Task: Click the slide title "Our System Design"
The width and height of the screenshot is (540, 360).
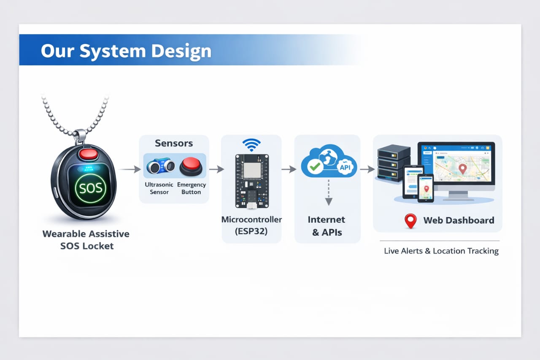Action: (x=126, y=51)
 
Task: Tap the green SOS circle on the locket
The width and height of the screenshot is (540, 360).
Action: (x=91, y=187)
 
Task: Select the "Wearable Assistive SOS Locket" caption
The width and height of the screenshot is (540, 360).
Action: (x=86, y=240)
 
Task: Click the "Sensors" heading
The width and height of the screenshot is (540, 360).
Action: (x=174, y=143)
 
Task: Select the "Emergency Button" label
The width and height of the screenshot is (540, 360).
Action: (x=192, y=188)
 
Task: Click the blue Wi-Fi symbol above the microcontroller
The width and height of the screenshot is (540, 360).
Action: (x=251, y=145)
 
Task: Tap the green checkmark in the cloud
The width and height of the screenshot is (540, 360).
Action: (x=315, y=166)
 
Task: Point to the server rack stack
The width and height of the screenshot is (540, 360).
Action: (x=393, y=163)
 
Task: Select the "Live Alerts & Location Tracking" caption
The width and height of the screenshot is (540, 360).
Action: (x=441, y=251)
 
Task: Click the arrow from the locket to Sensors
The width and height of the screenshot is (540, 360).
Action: (x=130, y=169)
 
